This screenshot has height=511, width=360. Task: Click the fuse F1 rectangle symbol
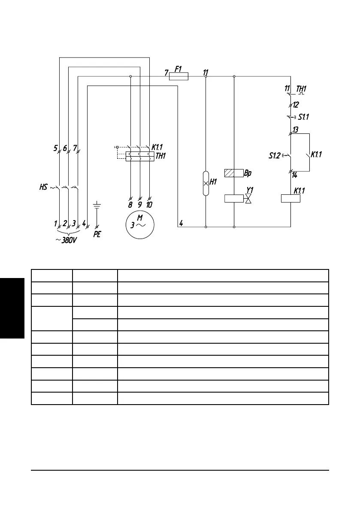(178, 76)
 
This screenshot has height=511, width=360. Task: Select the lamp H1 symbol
(206, 183)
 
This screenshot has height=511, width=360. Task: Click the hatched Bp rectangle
(234, 173)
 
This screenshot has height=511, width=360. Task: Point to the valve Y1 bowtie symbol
(248, 198)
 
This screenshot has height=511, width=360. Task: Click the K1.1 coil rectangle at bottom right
(290, 198)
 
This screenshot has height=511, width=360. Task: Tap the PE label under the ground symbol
(97, 235)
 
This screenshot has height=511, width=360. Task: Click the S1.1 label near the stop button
(304, 117)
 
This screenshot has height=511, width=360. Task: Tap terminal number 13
(296, 130)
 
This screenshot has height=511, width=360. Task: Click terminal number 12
(296, 104)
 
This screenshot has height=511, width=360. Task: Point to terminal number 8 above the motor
(130, 205)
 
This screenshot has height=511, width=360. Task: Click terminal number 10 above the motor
(149, 205)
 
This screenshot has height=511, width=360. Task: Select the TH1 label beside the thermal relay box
(160, 156)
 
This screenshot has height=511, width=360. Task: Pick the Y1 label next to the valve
(249, 189)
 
